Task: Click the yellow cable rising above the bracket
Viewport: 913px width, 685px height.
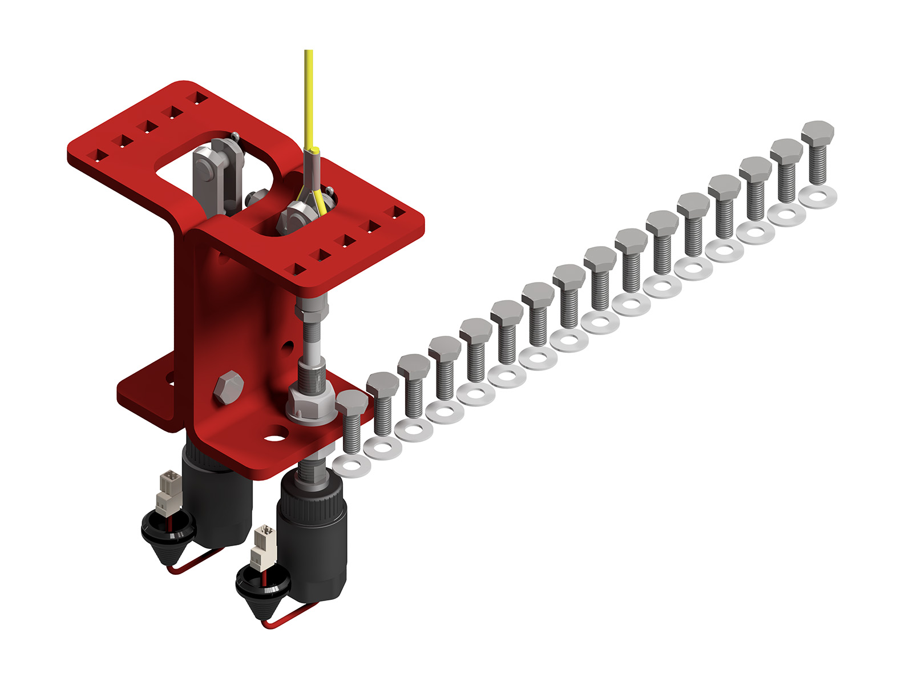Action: (x=309, y=97)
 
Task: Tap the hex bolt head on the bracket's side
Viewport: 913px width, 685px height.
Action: (x=228, y=388)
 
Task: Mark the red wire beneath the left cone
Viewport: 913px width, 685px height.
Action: (x=197, y=562)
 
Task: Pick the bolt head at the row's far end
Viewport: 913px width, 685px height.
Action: (x=817, y=133)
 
